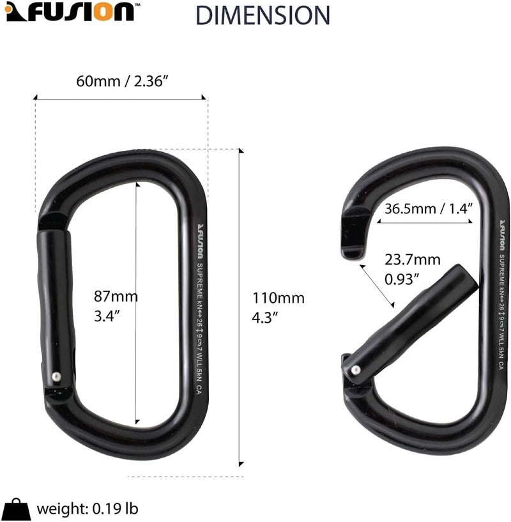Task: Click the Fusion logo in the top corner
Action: click(x=70, y=12)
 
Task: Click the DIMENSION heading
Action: click(x=263, y=14)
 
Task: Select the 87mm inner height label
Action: click(x=116, y=305)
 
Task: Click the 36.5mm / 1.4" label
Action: click(x=428, y=208)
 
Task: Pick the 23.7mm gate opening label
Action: click(x=413, y=269)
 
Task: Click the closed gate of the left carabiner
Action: click(x=56, y=307)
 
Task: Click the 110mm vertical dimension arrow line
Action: click(x=241, y=307)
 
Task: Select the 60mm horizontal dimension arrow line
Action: click(x=121, y=98)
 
